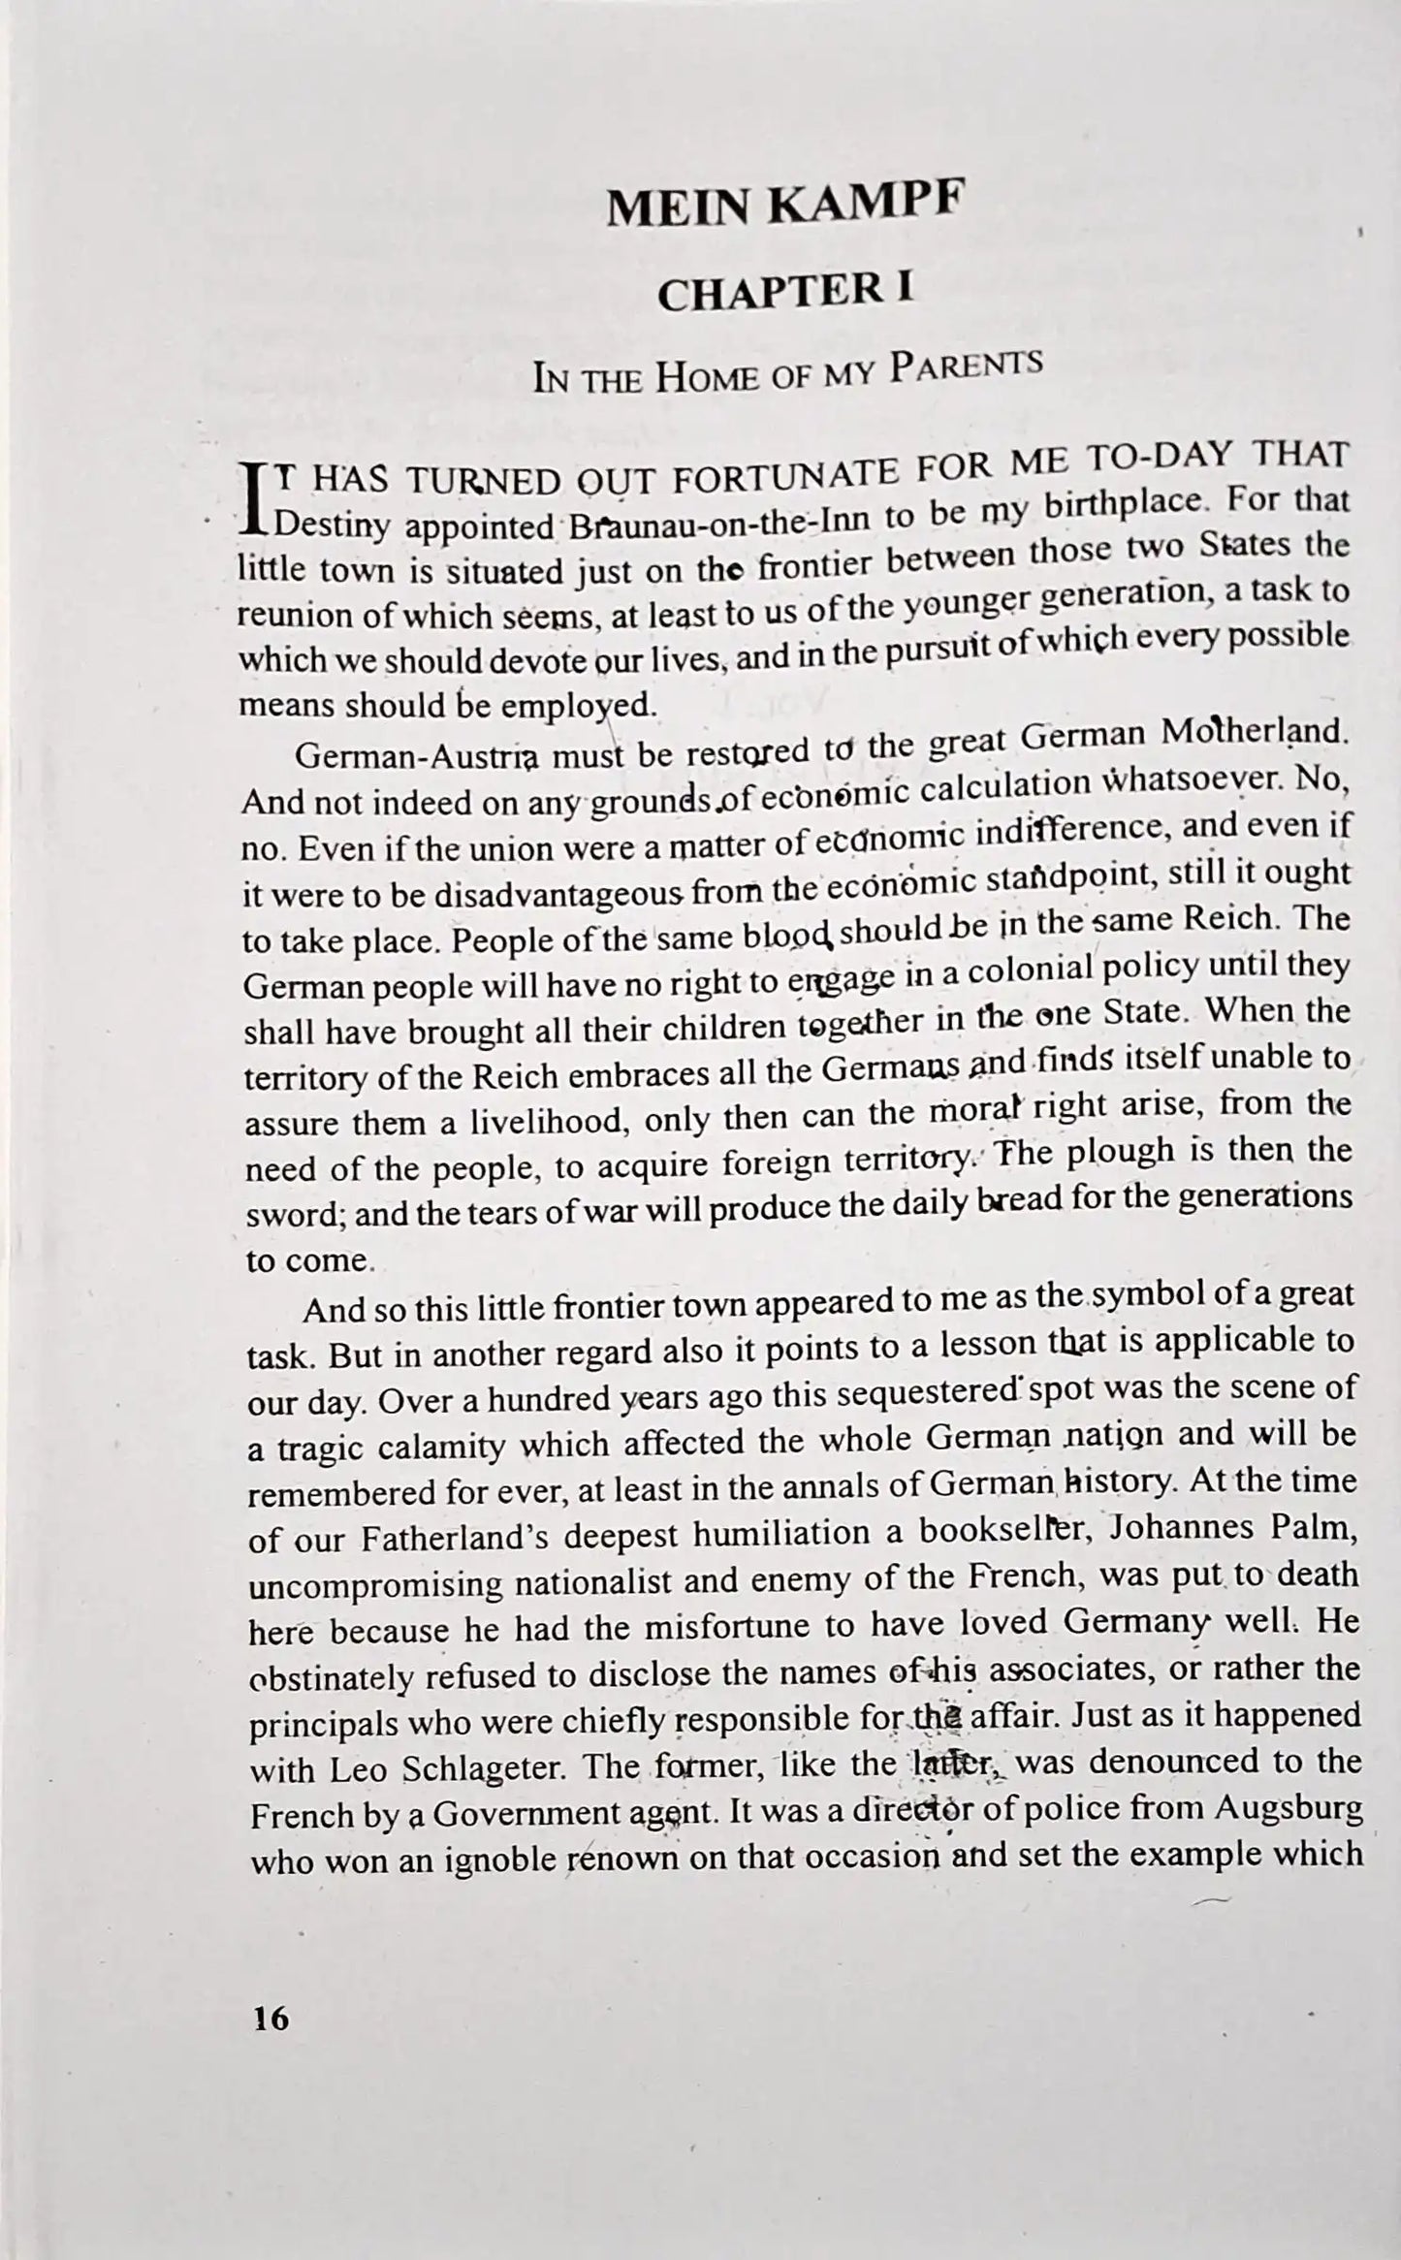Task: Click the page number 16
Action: tap(271, 2020)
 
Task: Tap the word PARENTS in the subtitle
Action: tap(966, 366)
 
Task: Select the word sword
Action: tap(295, 1216)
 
